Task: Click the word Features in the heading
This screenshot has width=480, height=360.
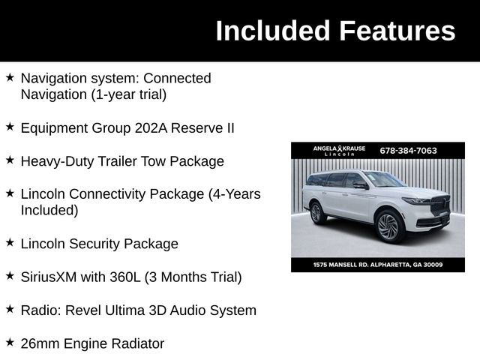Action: coord(396,31)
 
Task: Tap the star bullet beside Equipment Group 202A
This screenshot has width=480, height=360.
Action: coord(10,127)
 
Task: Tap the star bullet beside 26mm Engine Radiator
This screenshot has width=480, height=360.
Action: coord(10,342)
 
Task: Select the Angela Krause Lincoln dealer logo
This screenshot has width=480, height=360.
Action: coord(339,151)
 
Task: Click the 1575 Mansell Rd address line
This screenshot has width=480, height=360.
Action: coord(378,265)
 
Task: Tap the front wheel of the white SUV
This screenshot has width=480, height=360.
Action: coord(388,226)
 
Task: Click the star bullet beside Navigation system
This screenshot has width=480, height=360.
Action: coord(10,77)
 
